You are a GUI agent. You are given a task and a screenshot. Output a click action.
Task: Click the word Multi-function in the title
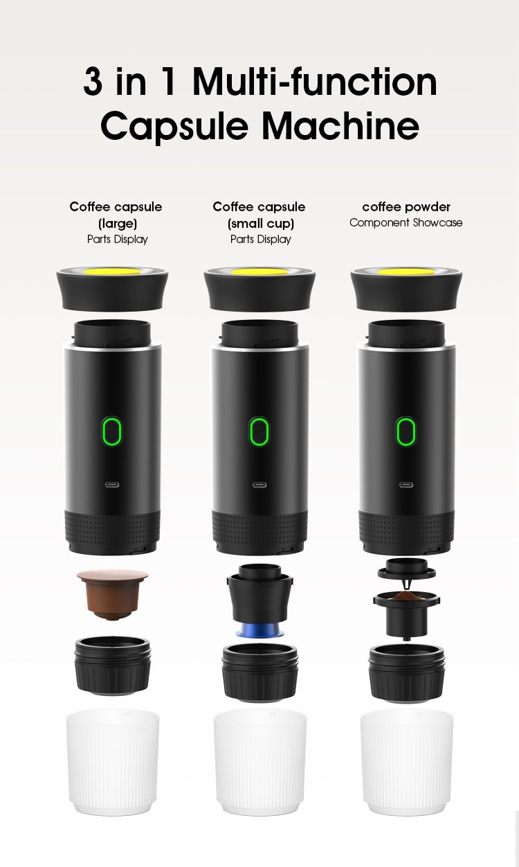pyautogui.click(x=315, y=82)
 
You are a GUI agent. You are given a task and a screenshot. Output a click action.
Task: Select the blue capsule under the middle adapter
pyautogui.click(x=259, y=632)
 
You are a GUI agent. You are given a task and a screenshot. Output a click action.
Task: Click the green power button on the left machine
pyautogui.click(x=112, y=432)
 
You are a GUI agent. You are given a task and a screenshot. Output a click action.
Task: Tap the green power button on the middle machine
pyautogui.click(x=259, y=432)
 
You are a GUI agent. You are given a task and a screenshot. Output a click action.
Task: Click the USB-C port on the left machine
pyautogui.click(x=112, y=485)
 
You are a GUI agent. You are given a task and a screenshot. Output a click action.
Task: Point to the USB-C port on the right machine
pyautogui.click(x=406, y=485)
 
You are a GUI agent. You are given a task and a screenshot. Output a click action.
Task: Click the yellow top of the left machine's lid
pyautogui.click(x=112, y=271)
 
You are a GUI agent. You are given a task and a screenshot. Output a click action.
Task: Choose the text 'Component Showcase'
pyautogui.click(x=406, y=223)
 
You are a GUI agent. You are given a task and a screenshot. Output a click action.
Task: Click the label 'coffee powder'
pyautogui.click(x=406, y=206)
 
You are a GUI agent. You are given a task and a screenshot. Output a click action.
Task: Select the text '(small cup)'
pyautogui.click(x=260, y=223)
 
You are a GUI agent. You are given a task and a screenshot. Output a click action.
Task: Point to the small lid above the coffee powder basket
pyautogui.click(x=406, y=571)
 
